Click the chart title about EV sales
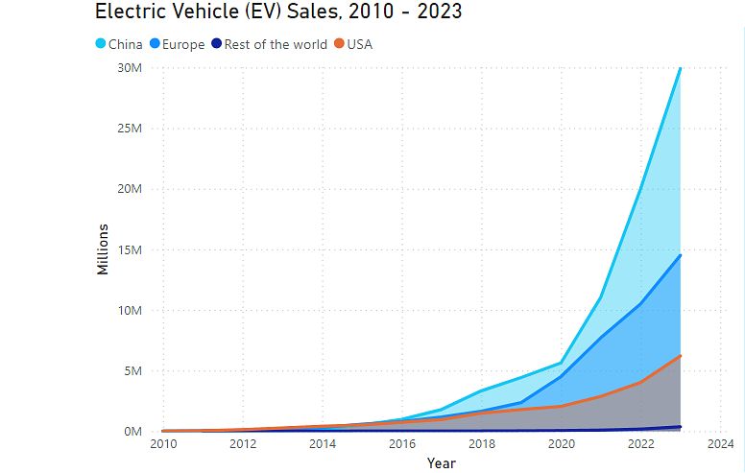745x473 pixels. [x=278, y=12]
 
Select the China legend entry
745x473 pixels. [x=126, y=44]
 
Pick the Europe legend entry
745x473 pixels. [x=183, y=44]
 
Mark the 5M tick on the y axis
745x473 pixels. [x=132, y=371]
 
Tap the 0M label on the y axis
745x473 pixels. [x=132, y=432]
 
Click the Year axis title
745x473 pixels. [x=441, y=463]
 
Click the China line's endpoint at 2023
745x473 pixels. [x=681, y=68]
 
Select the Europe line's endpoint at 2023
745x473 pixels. [x=681, y=255]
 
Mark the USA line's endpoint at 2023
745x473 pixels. [x=681, y=356]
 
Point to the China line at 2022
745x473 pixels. [x=640, y=189]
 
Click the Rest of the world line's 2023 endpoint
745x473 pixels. [x=681, y=427]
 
